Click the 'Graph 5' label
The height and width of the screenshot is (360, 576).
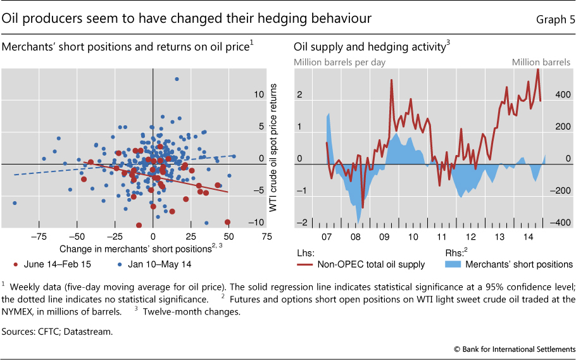coord(555,20)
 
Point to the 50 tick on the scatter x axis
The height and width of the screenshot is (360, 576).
coord(229,236)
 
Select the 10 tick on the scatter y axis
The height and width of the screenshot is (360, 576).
coord(258,95)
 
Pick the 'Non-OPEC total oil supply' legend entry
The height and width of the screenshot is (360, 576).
coord(370,264)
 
